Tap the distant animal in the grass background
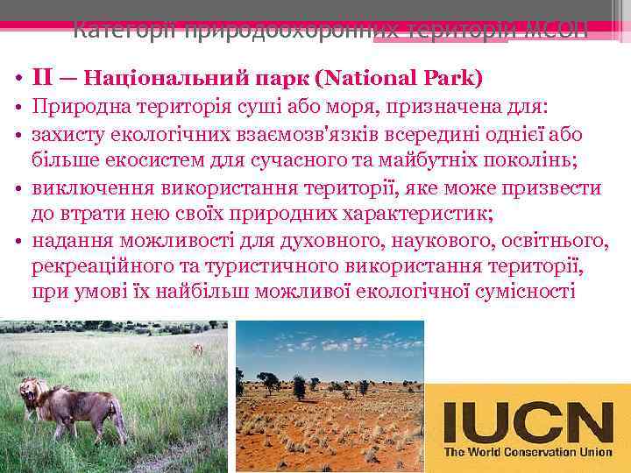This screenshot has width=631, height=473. coord(197,349)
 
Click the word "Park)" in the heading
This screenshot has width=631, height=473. coord(450,78)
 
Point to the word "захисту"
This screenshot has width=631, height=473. coord(67,135)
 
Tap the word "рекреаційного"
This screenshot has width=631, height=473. coord(98,265)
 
